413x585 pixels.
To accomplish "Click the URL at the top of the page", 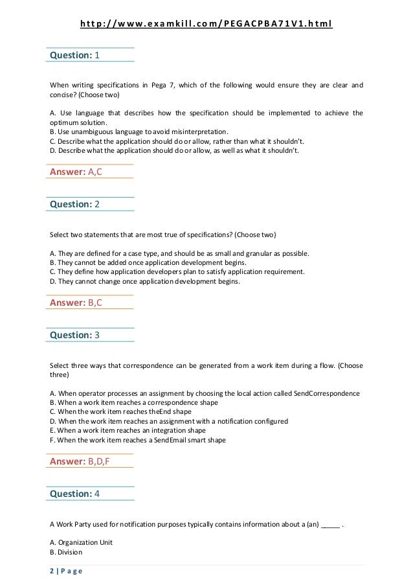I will pyautogui.click(x=206, y=25).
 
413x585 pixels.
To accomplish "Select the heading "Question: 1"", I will pyautogui.click(x=74, y=56).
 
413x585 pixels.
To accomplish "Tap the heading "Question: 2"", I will pyautogui.click(x=74, y=204).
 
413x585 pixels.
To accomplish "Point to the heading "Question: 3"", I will pyautogui.click(x=74, y=335).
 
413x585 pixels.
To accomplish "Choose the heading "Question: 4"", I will pyautogui.click(x=74, y=494).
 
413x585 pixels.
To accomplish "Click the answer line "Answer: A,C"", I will pyautogui.click(x=76, y=172).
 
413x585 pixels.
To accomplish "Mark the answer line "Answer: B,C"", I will pyautogui.click(x=76, y=303).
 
